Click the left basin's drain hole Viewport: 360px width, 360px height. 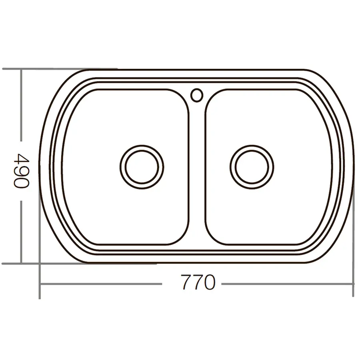(142, 166)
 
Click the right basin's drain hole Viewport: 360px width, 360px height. (252, 166)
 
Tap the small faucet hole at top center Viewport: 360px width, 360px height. (197, 95)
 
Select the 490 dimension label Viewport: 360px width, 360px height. (21, 170)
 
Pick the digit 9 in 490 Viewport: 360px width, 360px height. (21, 170)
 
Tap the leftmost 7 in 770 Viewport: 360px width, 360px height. (186, 283)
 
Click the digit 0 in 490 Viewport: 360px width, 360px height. (21, 183)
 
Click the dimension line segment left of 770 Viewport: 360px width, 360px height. (100, 284)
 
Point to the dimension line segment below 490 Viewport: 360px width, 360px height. (21, 232)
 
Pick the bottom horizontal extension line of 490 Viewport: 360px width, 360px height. (60, 264)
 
